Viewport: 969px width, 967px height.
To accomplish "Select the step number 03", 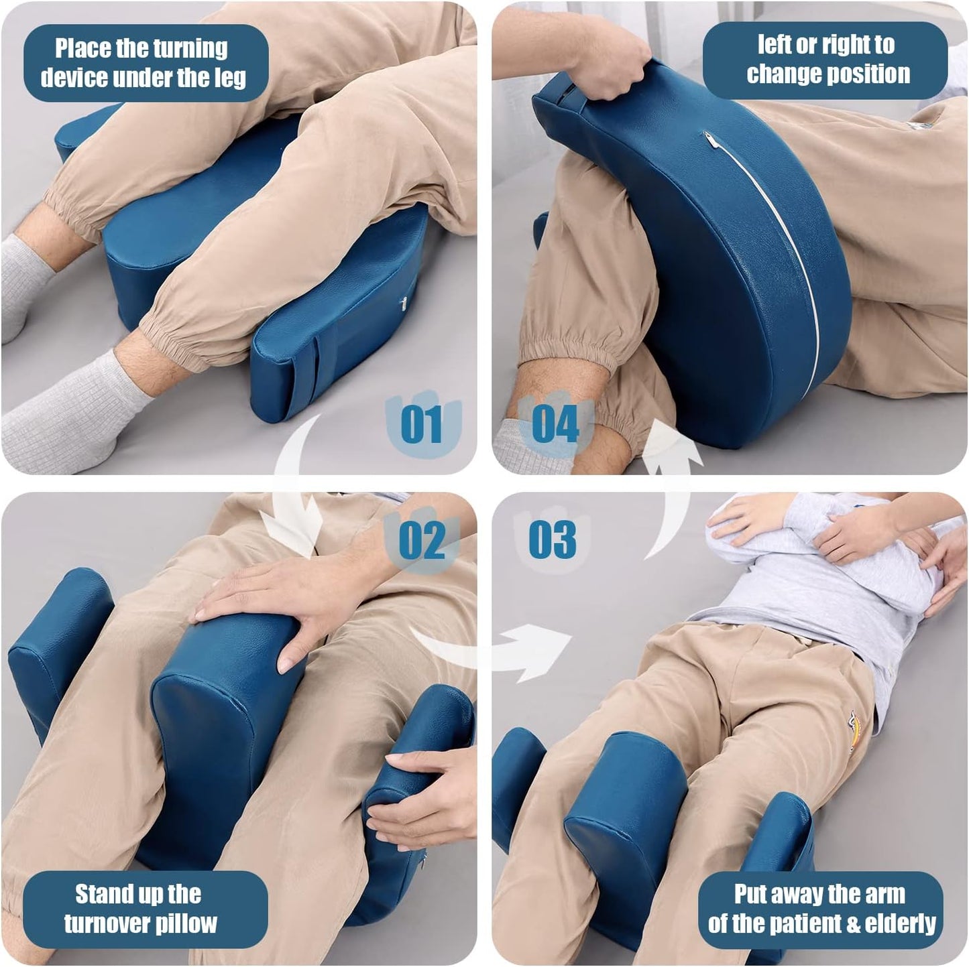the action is click(x=552, y=539).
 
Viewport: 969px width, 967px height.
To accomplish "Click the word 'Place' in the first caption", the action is click(x=82, y=49).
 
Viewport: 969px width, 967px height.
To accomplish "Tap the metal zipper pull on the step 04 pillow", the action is click(x=709, y=140).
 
